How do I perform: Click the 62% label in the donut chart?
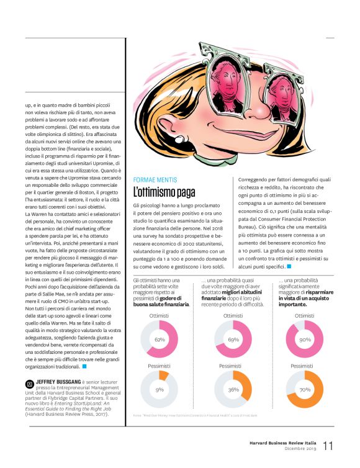[x=160, y=340]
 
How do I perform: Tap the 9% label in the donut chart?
[x=160, y=390]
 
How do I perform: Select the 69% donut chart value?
[x=233, y=340]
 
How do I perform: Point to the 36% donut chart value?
[x=233, y=390]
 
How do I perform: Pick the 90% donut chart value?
[x=305, y=340]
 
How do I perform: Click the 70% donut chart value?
[x=305, y=390]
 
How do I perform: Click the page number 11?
[x=328, y=446]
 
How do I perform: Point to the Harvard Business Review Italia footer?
[x=284, y=443]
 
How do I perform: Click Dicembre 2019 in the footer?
[x=300, y=449]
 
